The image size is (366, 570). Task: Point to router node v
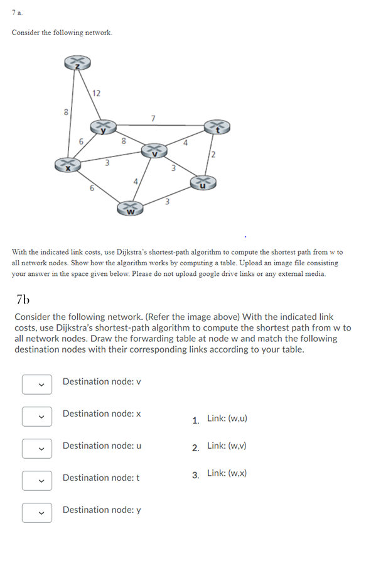coord(154,150)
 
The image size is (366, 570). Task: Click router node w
coord(129,208)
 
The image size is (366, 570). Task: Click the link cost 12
coord(95,94)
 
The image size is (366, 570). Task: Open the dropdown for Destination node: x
coord(37,416)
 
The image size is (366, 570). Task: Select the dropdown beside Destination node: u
coord(37,448)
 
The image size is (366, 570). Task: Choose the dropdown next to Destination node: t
coord(37,480)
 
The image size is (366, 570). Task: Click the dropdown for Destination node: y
coord(37,512)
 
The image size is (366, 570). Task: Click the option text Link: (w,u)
coord(229,419)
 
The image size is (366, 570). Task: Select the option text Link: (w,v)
coord(229,446)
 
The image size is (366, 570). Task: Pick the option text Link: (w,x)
coord(229,473)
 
